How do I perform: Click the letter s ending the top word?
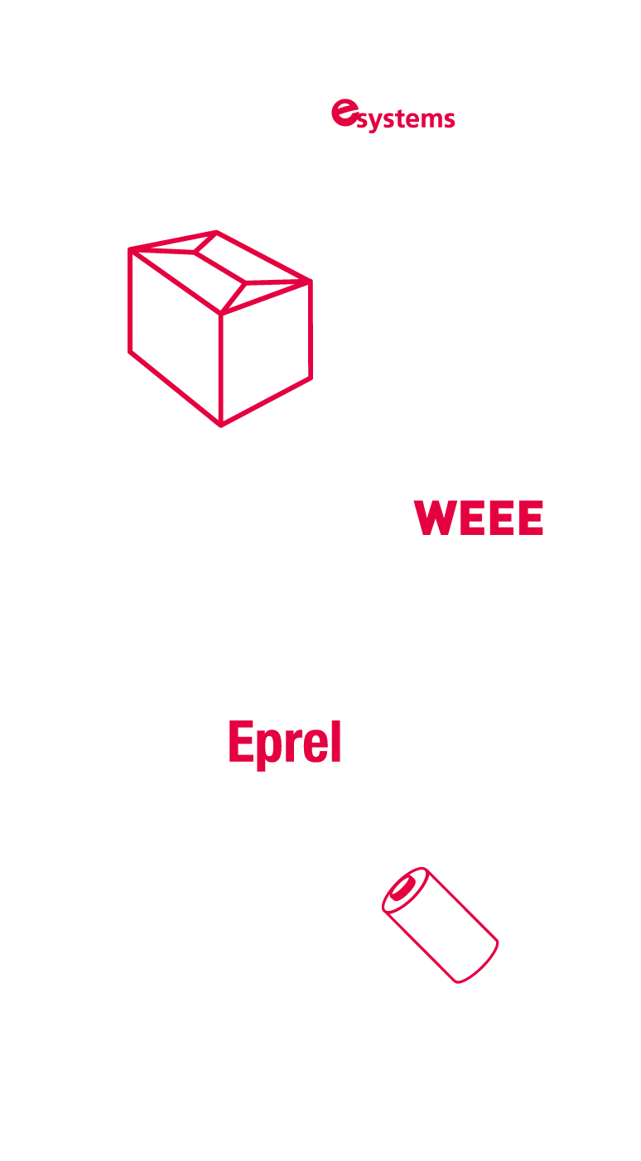[448, 119]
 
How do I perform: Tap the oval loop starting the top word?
[342, 113]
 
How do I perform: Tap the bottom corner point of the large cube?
[221, 426]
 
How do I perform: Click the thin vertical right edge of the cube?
[312, 331]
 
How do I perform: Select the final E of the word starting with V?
[529, 518]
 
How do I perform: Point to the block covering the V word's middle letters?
[480, 518]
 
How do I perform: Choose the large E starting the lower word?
[241, 741]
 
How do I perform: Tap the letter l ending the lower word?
[335, 741]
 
